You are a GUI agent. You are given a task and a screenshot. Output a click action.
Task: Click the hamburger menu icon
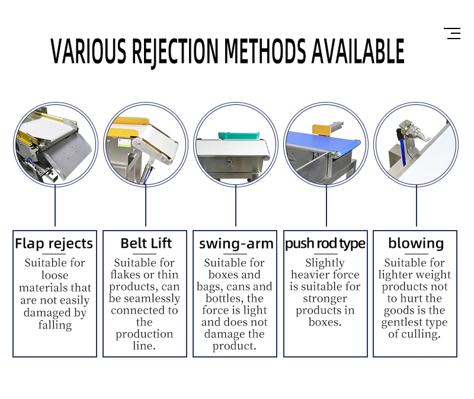[453, 34]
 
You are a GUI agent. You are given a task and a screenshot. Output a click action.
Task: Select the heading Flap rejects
[54, 244]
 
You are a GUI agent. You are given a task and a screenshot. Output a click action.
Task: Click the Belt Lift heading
[146, 243]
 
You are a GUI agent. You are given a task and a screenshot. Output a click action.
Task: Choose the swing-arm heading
[236, 244]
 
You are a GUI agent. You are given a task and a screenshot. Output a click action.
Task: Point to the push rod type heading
[325, 244]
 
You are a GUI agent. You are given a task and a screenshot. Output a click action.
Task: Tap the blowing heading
[415, 243]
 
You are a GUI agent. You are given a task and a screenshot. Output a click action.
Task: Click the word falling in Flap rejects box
[55, 325]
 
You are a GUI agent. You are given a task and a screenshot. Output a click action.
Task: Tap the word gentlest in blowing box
[414, 322]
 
